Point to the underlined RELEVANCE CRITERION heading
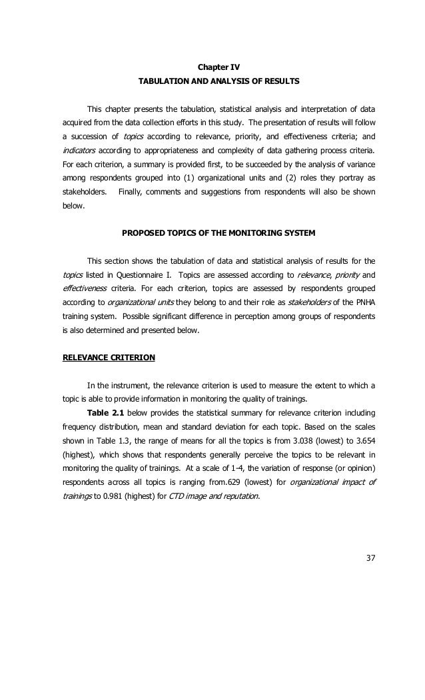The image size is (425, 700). pyautogui.click(x=109, y=357)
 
